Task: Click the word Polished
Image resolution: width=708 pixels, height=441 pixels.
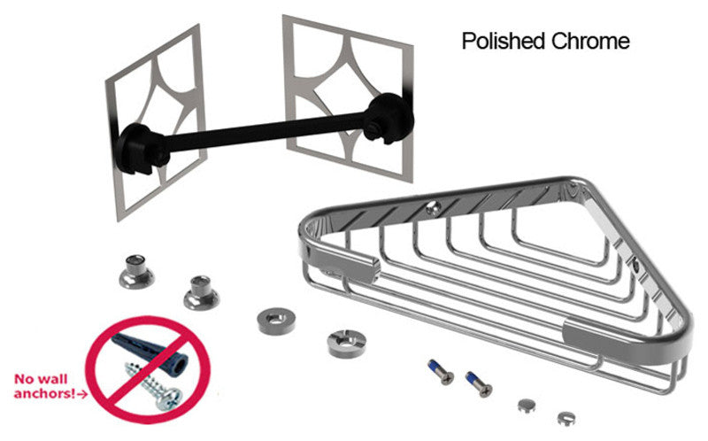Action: (504, 41)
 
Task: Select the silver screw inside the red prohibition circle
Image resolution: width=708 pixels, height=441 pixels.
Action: (152, 387)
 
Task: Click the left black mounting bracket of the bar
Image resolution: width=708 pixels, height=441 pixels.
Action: (141, 148)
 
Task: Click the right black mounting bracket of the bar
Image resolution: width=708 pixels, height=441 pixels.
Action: (389, 117)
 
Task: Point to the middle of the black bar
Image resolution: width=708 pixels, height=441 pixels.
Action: (266, 133)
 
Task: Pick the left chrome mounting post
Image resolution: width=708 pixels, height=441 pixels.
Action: (137, 271)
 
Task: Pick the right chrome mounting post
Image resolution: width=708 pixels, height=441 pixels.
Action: (202, 292)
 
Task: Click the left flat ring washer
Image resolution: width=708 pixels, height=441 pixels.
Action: (276, 321)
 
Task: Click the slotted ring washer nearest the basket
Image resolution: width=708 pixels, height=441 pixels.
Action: (346, 344)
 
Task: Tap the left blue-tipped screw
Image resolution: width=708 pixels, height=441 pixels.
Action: (441, 372)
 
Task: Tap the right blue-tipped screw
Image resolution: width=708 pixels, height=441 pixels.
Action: (479, 383)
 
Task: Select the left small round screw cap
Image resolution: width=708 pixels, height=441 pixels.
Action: (527, 405)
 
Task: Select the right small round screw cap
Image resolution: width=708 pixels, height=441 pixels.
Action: (566, 418)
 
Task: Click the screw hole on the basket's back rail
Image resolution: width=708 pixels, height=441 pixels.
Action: (434, 207)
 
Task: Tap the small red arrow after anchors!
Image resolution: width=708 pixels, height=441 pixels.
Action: (82, 394)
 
